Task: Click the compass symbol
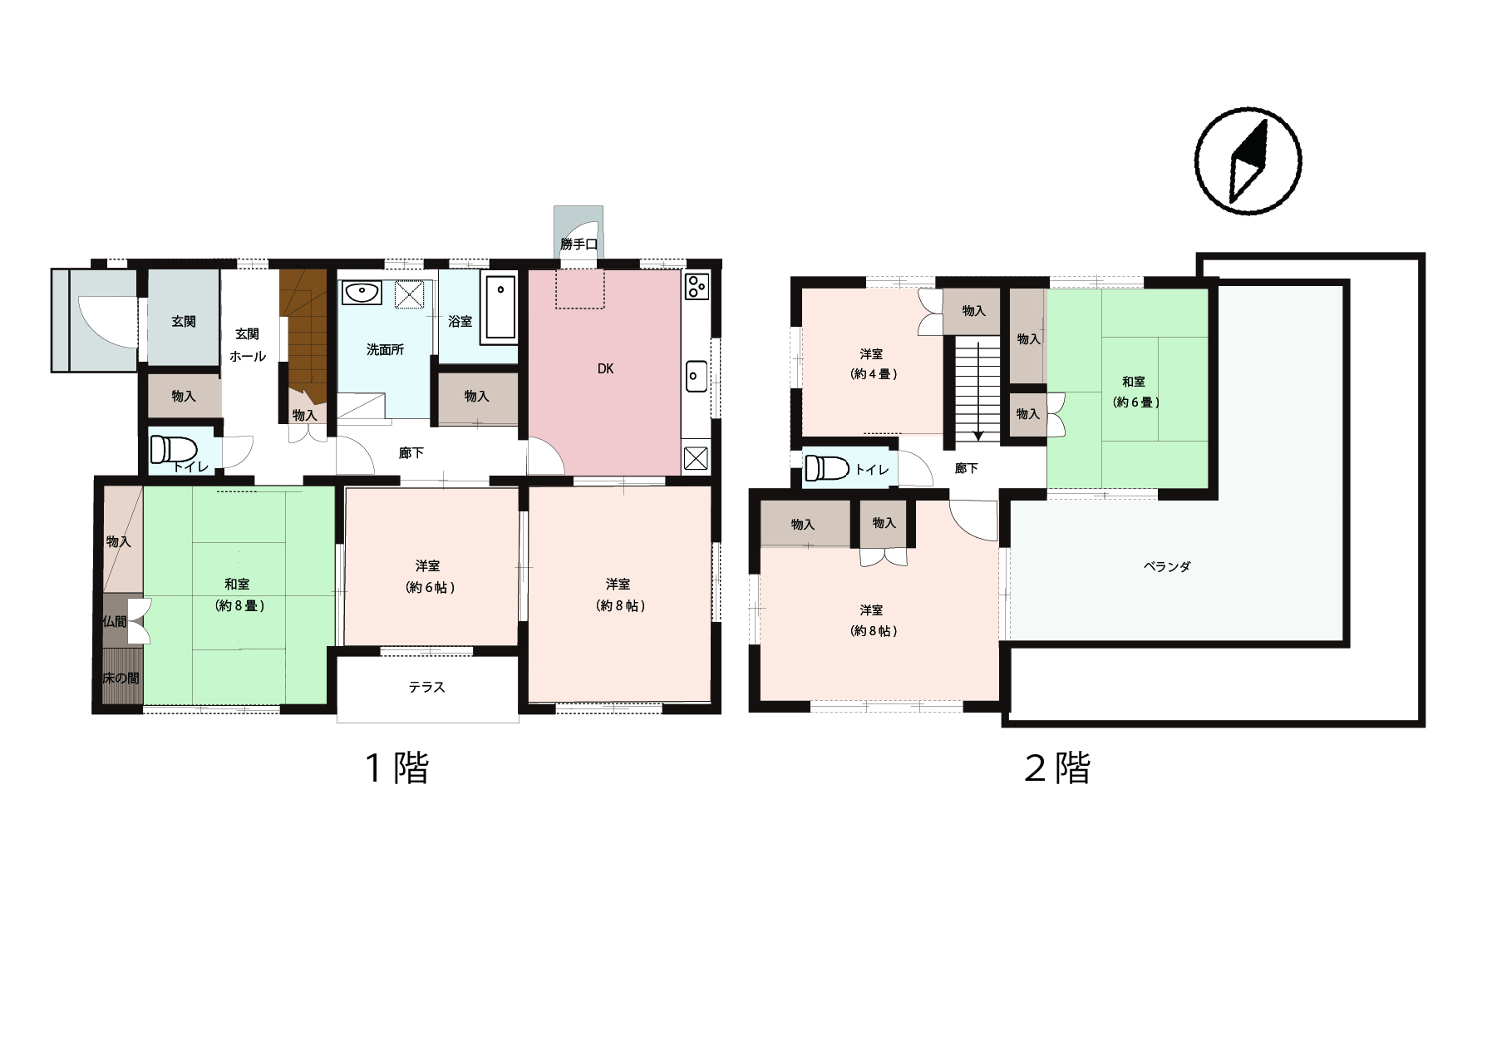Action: coord(1248,161)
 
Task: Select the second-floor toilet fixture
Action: coord(826,469)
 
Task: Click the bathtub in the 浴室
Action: coord(499,308)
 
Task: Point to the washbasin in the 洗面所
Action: coord(362,293)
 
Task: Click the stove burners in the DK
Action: coord(697,286)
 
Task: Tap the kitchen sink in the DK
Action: coord(697,377)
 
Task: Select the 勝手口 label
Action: coord(579,244)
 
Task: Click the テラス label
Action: coord(427,688)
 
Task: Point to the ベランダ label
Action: coord(1167,567)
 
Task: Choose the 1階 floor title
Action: coord(398,767)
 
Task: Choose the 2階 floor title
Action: coord(1057,767)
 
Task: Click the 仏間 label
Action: coord(115,621)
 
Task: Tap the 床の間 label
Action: coord(121,678)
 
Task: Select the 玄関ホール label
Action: coord(248,345)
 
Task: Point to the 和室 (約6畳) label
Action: coord(1135,392)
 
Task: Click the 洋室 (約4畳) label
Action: coord(873,364)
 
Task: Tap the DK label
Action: coord(605,368)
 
